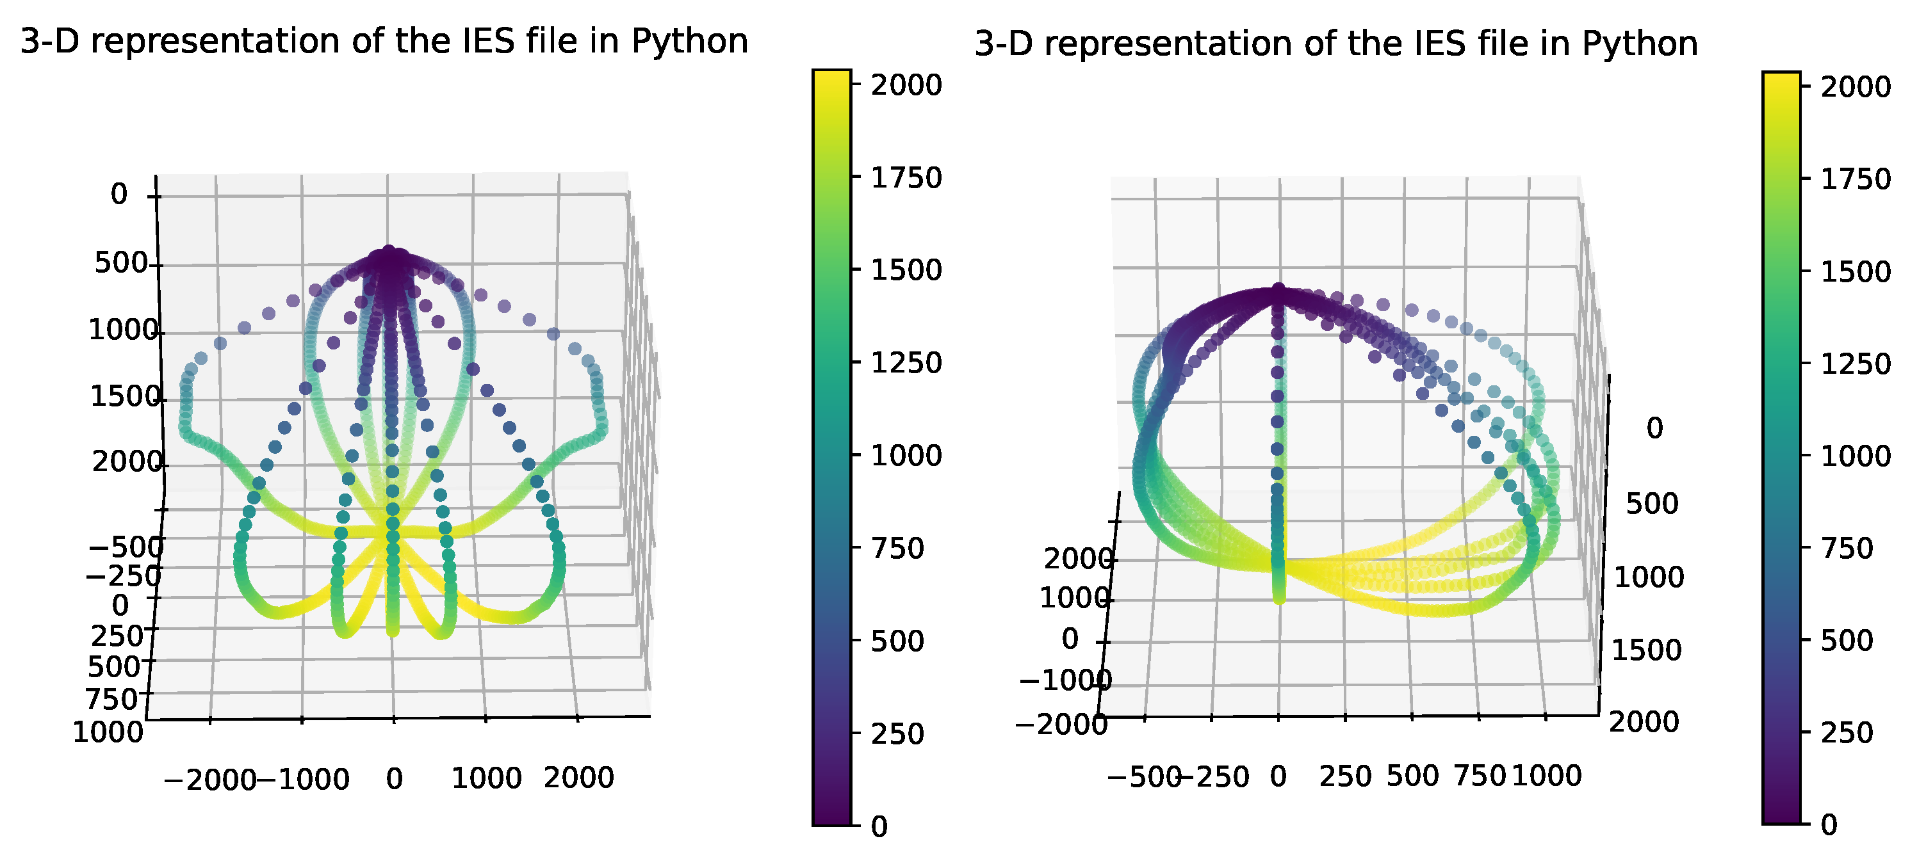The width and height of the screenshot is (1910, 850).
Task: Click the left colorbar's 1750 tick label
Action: [906, 178]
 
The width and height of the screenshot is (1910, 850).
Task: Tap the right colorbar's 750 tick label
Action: [1846, 549]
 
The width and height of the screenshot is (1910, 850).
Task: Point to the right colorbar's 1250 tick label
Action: [1855, 364]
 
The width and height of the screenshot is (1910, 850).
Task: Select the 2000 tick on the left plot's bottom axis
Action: [578, 778]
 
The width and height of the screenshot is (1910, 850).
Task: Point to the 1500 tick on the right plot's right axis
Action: [1646, 650]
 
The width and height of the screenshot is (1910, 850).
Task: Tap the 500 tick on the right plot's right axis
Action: [1651, 504]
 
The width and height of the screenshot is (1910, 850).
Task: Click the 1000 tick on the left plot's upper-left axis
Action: [123, 330]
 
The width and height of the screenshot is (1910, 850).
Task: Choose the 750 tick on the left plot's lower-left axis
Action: [113, 698]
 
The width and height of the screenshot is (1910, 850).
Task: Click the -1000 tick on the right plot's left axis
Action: [1065, 680]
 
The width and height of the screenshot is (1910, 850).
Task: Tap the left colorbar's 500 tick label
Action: [897, 641]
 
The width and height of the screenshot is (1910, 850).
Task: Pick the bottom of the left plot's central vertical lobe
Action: [392, 631]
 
